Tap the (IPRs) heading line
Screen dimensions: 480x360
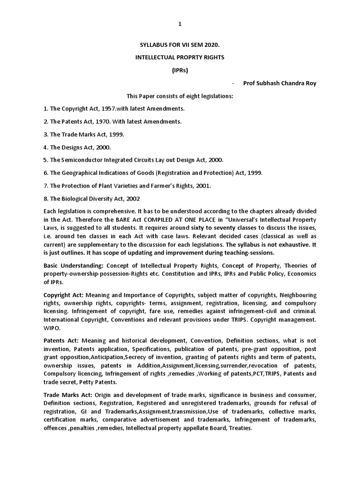click(180, 70)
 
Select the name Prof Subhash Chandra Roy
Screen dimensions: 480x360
click(279, 83)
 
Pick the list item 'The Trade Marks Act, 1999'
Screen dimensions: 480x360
click(84, 135)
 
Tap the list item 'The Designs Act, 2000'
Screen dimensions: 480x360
click(77, 147)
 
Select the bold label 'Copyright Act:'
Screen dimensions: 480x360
click(63, 295)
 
